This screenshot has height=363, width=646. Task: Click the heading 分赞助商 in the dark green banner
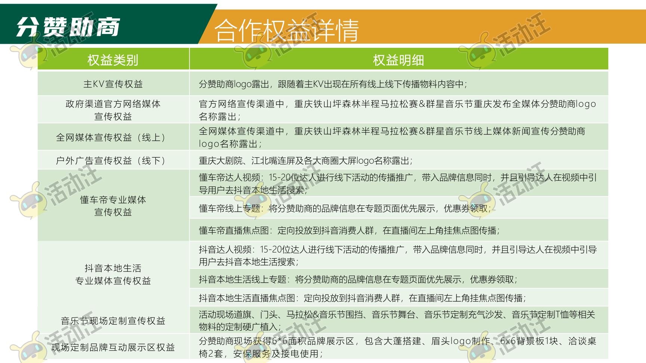(68, 27)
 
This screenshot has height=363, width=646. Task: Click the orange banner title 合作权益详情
(287, 30)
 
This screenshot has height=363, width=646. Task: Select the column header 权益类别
(113, 60)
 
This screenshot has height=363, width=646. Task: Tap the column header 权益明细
(399, 60)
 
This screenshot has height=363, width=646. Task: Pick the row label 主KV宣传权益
(113, 84)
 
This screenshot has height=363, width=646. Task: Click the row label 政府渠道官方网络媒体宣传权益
(113, 110)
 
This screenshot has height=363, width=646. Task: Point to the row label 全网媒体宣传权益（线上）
(113, 137)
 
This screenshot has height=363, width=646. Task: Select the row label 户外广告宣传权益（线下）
(113, 161)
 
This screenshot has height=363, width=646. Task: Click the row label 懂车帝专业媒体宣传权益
(113, 206)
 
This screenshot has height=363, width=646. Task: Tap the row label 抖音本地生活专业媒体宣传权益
(113, 274)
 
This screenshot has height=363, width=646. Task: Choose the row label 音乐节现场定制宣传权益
(113, 321)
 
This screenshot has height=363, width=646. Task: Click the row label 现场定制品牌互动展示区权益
(113, 347)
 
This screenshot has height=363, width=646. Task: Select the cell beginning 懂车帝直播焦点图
(349, 230)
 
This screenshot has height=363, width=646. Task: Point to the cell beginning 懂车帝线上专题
(345, 208)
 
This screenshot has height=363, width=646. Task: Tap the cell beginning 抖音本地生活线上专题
(358, 279)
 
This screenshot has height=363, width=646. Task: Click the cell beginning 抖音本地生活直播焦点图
(362, 298)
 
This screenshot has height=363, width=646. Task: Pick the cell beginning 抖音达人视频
(398, 255)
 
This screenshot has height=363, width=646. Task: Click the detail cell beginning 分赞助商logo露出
(333, 84)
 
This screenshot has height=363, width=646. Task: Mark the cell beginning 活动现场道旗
(397, 320)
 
